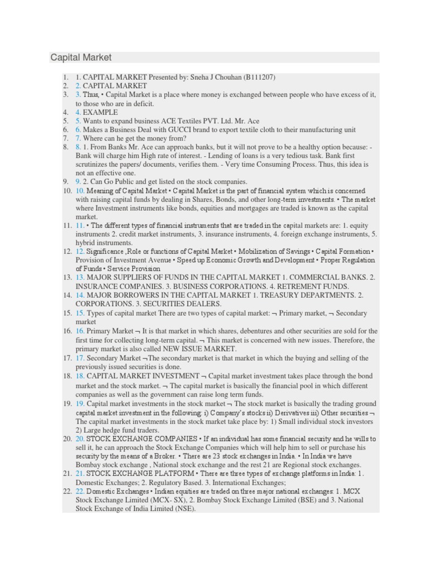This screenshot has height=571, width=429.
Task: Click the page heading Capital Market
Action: (81, 57)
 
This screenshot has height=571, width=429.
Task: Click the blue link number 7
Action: (78, 138)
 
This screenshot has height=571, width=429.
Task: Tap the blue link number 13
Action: (80, 277)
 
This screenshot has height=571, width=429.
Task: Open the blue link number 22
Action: (80, 491)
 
